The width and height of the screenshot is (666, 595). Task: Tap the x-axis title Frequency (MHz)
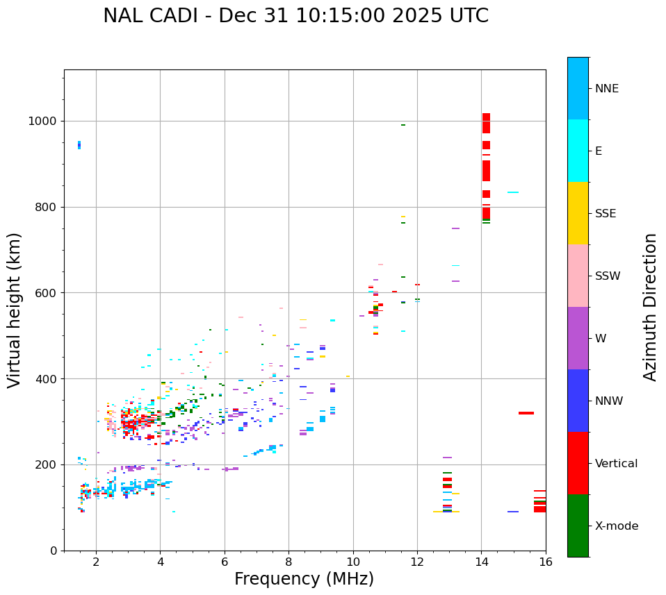[x=304, y=579]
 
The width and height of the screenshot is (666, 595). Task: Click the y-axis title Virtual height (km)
[x=15, y=310]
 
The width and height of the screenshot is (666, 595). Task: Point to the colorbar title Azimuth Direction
[x=650, y=307]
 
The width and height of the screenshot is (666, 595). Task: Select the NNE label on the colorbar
[x=606, y=89]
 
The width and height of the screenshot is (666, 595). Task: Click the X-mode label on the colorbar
[x=616, y=526]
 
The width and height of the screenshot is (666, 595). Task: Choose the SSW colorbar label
[x=608, y=276]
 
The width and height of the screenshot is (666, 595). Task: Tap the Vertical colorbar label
[x=616, y=464]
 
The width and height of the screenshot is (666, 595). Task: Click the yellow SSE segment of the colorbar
[x=578, y=213]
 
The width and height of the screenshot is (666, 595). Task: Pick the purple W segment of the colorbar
[x=578, y=338]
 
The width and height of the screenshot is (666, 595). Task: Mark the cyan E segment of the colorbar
[x=578, y=151]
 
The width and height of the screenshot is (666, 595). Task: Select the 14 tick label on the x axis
[x=481, y=562]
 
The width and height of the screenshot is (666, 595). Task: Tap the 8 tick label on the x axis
[x=289, y=562]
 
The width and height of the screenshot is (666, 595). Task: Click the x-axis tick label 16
[x=545, y=562]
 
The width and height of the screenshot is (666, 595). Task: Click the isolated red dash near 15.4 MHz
[x=526, y=413]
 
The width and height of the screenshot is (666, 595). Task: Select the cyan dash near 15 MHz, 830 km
[x=513, y=192]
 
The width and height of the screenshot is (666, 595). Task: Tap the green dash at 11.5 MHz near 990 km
[x=403, y=125]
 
